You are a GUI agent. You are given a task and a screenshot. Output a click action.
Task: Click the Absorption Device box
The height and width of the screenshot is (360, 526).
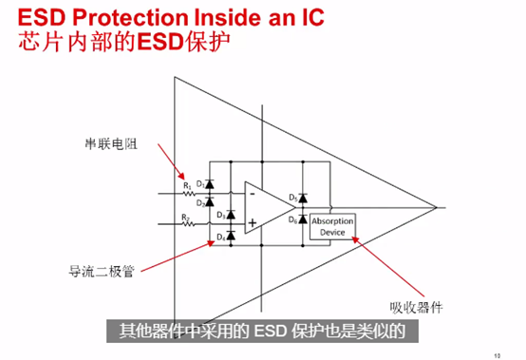coord(332,226)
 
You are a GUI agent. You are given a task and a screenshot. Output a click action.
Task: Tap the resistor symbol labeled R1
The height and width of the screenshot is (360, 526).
coord(187,192)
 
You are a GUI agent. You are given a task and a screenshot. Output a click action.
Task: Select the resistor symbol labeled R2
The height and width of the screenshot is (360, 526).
coord(187,225)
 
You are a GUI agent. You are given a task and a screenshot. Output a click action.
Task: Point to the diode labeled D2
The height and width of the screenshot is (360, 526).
coord(210,200)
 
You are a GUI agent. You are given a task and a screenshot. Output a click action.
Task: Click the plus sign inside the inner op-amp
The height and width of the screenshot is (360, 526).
coord(254,225)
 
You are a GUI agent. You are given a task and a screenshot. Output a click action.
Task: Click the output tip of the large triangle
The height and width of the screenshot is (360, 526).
coord(438,206)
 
